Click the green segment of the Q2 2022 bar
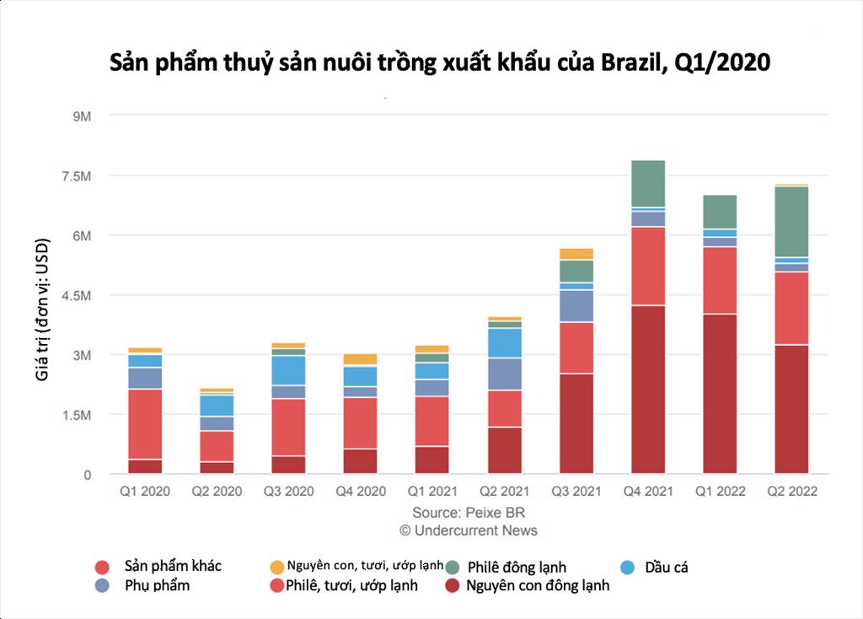click(x=791, y=221)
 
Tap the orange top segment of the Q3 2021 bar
click(x=576, y=254)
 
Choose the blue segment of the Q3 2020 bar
click(x=287, y=370)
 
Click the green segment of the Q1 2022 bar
click(x=720, y=212)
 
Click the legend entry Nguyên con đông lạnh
click(x=536, y=585)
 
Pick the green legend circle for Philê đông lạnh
click(x=452, y=568)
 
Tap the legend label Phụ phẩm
click(x=157, y=585)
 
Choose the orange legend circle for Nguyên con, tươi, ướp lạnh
click(x=275, y=567)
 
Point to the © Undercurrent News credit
click(x=468, y=530)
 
